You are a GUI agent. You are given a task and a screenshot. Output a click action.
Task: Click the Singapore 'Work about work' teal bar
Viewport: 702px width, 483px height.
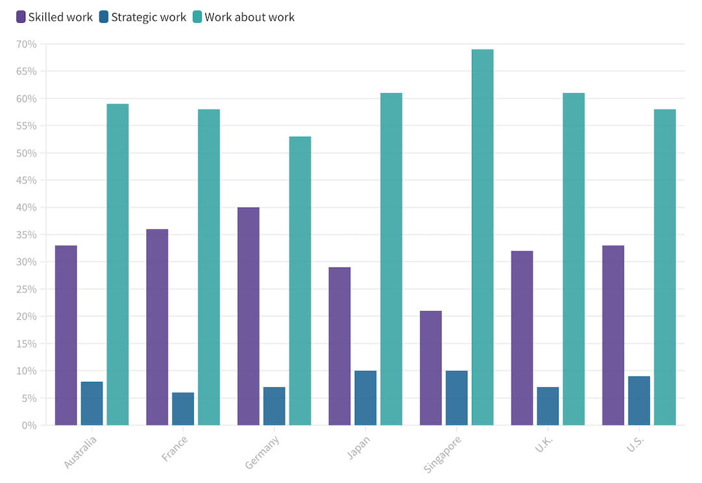click(x=482, y=238)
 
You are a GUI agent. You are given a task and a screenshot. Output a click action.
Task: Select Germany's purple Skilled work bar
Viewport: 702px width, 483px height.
click(x=248, y=316)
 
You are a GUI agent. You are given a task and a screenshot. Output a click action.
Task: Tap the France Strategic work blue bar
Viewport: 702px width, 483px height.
click(x=183, y=409)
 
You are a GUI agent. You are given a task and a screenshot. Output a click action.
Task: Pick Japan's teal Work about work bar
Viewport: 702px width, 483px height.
click(x=391, y=259)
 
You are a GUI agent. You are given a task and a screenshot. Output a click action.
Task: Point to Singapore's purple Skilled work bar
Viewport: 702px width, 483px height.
click(x=430, y=368)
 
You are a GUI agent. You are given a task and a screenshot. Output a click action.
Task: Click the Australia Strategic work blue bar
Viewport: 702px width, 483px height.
click(x=92, y=404)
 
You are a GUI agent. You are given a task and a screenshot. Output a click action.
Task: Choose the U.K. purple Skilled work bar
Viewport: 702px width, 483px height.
click(x=522, y=338)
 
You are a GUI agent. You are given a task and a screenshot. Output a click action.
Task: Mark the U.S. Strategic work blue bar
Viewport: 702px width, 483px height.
click(x=639, y=401)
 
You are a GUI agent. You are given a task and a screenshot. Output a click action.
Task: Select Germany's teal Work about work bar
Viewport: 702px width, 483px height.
click(x=300, y=281)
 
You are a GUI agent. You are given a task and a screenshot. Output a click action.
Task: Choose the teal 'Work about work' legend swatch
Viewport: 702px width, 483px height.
click(x=198, y=17)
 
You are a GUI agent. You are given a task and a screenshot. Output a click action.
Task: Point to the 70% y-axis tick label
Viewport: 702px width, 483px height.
click(x=27, y=44)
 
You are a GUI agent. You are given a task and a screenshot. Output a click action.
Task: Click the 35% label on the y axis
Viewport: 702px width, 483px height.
click(x=27, y=235)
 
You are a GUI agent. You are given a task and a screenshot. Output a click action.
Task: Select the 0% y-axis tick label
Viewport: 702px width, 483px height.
click(x=29, y=426)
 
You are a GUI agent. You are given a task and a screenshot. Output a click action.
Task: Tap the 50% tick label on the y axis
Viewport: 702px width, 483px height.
click(x=27, y=154)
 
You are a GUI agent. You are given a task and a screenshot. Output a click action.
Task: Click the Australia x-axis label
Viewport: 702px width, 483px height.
click(x=81, y=452)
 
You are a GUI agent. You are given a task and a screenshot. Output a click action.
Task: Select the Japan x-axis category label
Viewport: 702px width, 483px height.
click(x=359, y=447)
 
